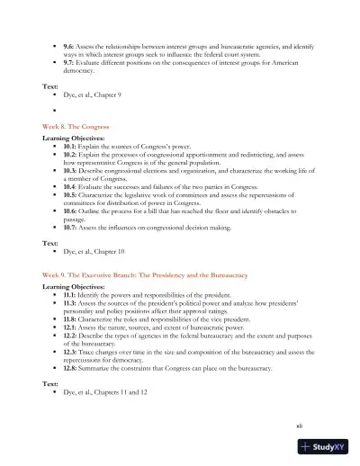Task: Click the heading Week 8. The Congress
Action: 76,128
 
